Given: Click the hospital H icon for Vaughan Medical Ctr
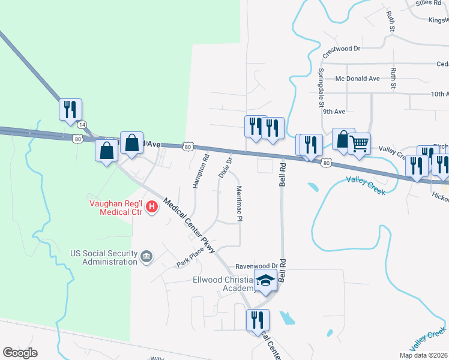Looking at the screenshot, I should (152, 208).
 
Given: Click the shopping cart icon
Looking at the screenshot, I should (359, 143).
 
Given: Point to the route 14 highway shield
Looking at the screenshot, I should (82, 124).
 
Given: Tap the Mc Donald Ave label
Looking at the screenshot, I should (358, 79).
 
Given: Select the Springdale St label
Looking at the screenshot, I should (321, 85).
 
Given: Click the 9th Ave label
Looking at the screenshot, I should (335, 111).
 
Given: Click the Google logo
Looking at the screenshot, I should (20, 353).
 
